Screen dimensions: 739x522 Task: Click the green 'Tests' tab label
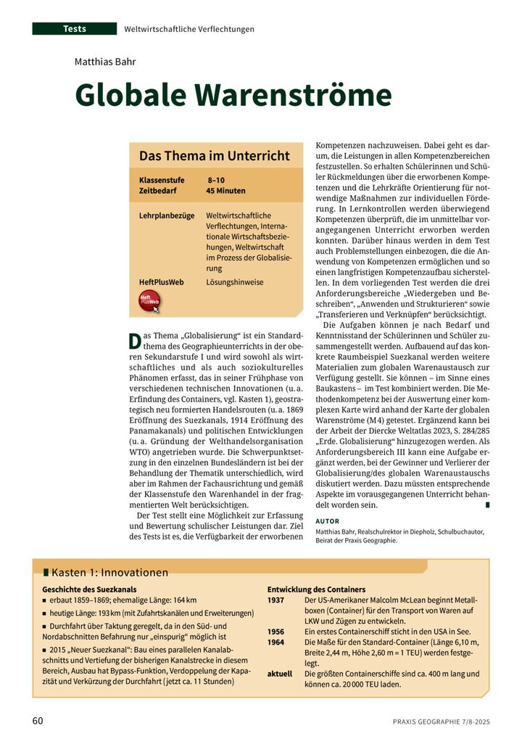75,29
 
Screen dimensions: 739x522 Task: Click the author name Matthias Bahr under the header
105,61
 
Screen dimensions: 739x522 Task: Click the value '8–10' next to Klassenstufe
216,180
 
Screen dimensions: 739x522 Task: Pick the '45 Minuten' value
225,191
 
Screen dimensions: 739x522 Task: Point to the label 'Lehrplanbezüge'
167,216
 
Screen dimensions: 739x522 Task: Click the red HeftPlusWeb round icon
149,301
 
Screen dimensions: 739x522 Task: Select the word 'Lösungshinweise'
235,281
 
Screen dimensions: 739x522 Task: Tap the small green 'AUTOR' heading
328,521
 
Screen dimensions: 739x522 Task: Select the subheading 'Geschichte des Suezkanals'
90,590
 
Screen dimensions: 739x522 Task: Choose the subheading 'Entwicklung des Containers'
316,590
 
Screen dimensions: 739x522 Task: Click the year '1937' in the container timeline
276,600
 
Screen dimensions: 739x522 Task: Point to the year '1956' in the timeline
276,632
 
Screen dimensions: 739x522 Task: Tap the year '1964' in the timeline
276,642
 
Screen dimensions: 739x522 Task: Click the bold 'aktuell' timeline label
280,673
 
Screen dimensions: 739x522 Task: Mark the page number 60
38,721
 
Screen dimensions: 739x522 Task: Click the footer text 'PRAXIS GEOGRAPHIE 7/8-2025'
441,722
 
